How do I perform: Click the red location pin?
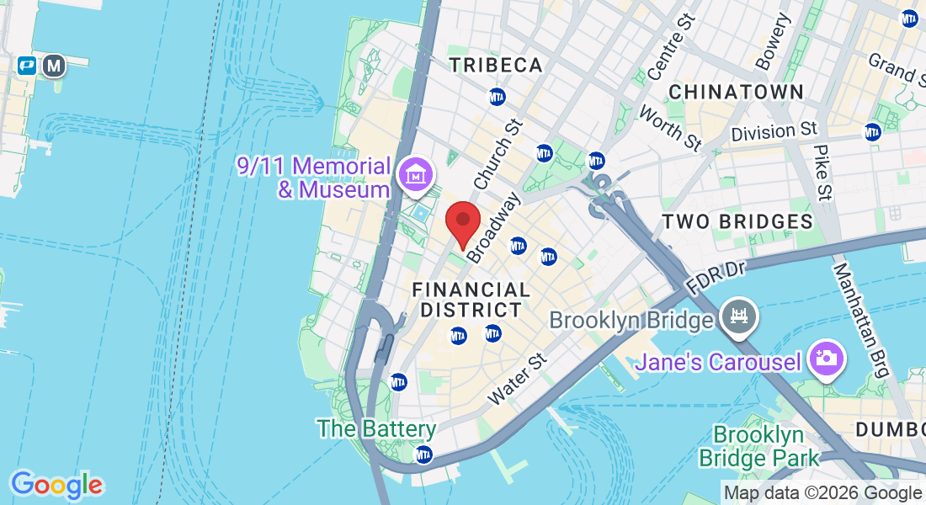click(x=462, y=221)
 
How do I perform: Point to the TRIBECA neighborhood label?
click(x=495, y=66)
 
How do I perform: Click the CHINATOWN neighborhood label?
click(x=736, y=91)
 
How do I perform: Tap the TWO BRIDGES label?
click(x=737, y=221)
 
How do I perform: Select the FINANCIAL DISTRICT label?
click(x=470, y=300)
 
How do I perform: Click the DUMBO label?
click(x=890, y=429)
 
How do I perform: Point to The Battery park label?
click(x=376, y=428)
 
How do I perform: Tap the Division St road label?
click(x=774, y=131)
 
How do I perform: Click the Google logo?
click(x=56, y=484)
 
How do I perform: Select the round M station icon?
click(x=55, y=66)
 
